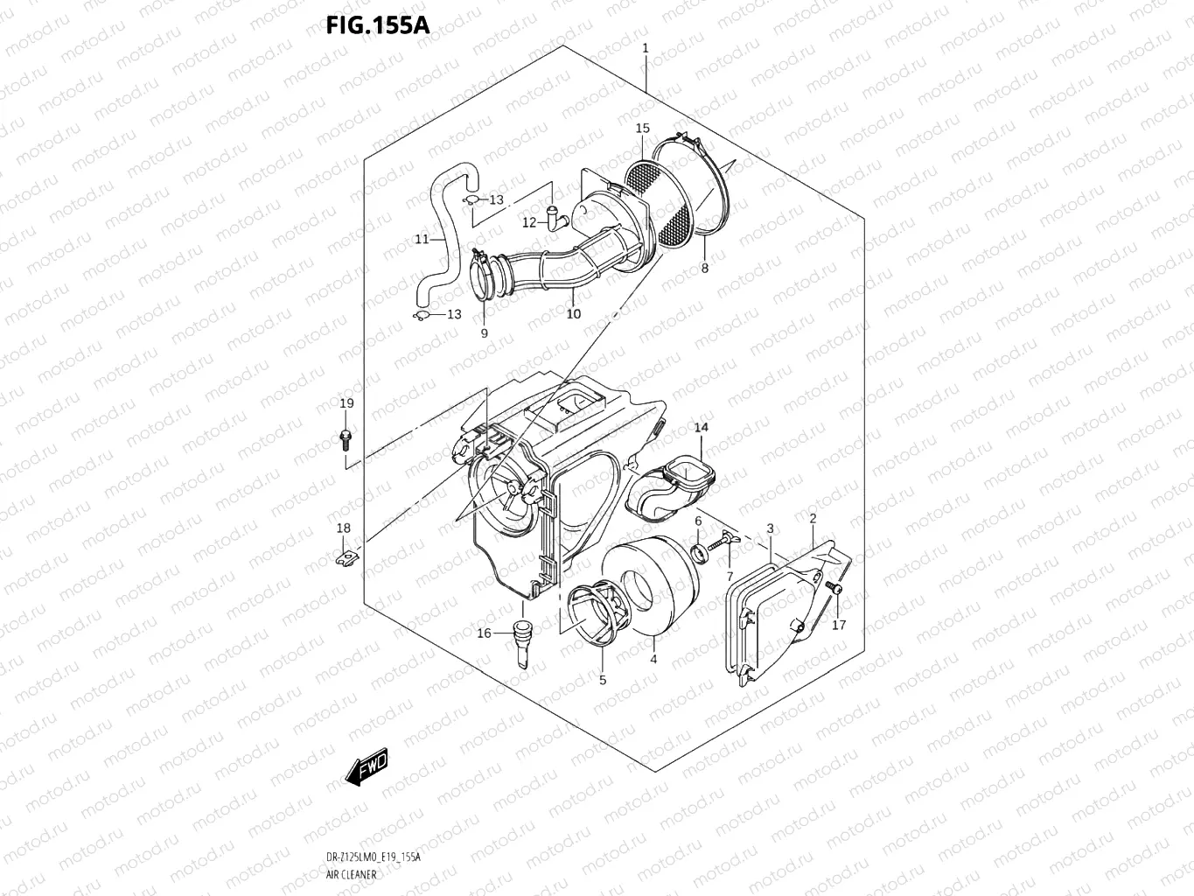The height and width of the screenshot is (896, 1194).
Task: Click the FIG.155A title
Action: pos(378,24)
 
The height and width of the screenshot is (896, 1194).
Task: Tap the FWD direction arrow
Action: pos(367,767)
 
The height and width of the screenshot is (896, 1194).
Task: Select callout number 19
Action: pos(346,403)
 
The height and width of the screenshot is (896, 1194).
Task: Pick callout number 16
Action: pos(484,633)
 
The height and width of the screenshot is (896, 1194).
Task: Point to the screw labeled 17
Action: pos(835,593)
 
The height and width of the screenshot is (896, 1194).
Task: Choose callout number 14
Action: pos(702,427)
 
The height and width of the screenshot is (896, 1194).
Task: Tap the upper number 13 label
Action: pos(496,200)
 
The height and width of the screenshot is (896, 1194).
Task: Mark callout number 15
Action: pos(643,129)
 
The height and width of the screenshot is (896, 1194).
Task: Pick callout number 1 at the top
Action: pos(646,48)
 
